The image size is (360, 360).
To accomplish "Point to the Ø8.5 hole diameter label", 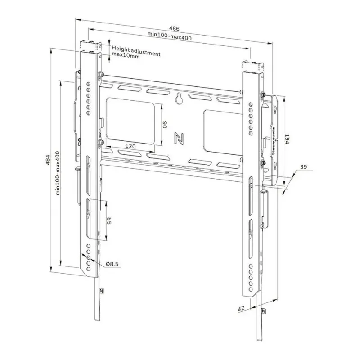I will pyautogui.click(x=112, y=264).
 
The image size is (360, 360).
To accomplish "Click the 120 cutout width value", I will pyautogui.click(x=130, y=146).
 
